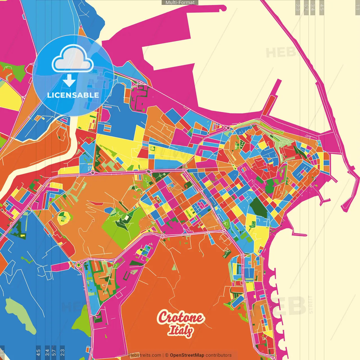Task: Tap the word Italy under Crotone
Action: tap(180, 330)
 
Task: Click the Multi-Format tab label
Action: tap(180, 2)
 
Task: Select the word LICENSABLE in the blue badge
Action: tap(73, 95)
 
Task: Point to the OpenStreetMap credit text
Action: tap(187, 355)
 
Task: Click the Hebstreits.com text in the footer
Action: tap(145, 355)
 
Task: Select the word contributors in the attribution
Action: tap(219, 355)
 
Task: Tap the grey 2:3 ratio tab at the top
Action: tap(298, 7)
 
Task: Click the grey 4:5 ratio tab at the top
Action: tap(322, 7)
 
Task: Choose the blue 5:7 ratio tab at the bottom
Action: tap(54, 352)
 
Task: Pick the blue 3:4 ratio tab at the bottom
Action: tap(47, 352)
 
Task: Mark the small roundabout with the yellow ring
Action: tap(78, 265)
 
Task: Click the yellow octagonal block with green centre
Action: tap(64, 217)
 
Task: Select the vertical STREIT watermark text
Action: tap(311, 304)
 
